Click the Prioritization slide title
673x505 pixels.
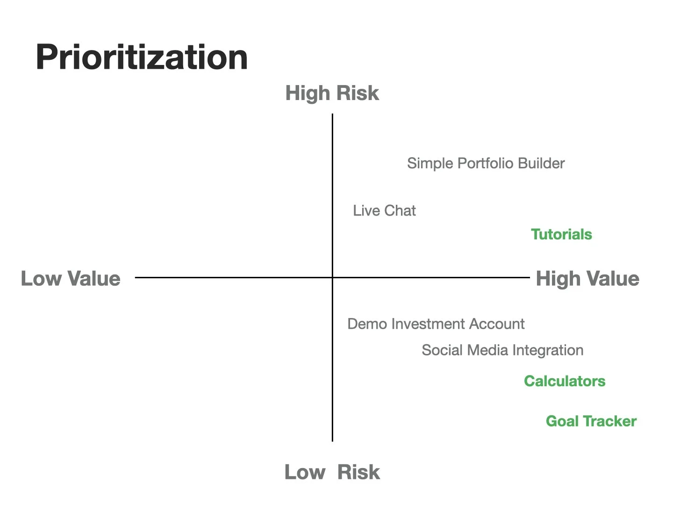[x=142, y=58]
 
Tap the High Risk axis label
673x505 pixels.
[x=332, y=93]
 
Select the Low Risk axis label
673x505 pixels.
[x=332, y=472]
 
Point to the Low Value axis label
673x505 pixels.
[x=71, y=279]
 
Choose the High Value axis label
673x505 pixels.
[x=587, y=279]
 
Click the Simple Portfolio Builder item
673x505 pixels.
[x=486, y=163]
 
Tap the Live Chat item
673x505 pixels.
[x=384, y=211]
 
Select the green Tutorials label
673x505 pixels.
[x=561, y=234]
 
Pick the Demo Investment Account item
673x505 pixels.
[x=436, y=324]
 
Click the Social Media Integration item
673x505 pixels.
[x=502, y=350]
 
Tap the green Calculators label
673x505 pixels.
[x=565, y=381]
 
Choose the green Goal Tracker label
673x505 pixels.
[x=591, y=421]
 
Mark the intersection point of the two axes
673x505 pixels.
[x=332, y=277]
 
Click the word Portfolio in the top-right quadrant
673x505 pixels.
[x=480, y=163]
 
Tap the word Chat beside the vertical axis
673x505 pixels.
[x=400, y=211]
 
